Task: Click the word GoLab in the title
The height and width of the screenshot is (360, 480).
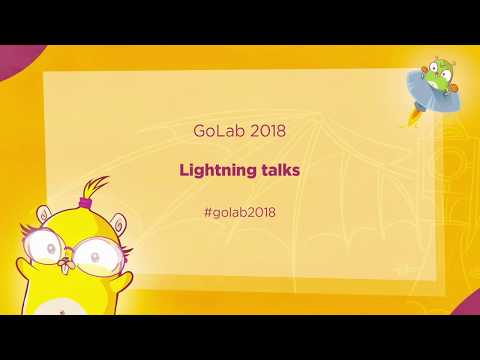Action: pos(216,131)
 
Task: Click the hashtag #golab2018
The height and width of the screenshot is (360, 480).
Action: pos(239,212)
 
